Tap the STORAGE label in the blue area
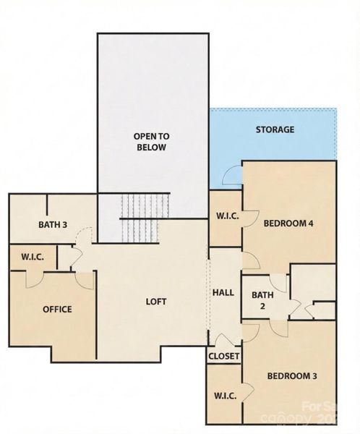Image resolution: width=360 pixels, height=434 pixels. (275, 129)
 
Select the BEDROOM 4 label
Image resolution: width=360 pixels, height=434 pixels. (288, 223)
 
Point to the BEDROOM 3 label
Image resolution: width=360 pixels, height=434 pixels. (291, 375)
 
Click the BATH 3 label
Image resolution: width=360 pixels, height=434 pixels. (53, 224)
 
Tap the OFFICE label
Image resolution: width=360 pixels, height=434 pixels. (57, 309)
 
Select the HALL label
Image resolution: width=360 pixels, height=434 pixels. (223, 292)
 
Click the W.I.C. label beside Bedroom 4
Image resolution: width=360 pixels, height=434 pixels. (223, 215)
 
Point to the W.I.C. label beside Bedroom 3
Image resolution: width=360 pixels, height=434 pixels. (223, 396)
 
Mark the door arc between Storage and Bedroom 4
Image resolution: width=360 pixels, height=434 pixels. (233, 174)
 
